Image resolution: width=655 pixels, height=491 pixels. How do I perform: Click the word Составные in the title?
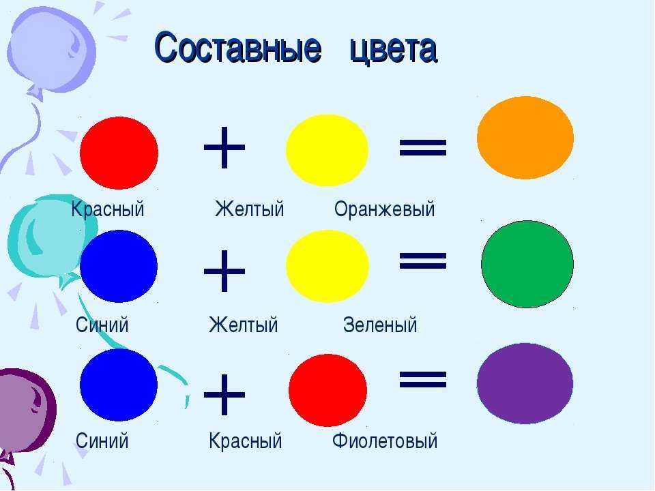[x=238, y=48]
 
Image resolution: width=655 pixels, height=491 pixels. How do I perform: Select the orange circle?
[x=525, y=138]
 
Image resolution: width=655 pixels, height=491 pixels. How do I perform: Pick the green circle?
[x=527, y=265]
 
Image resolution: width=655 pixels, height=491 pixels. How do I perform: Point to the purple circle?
[x=525, y=383]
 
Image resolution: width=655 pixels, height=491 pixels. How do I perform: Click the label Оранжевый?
[x=384, y=209]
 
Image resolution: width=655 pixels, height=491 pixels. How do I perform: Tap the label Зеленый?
[x=380, y=325]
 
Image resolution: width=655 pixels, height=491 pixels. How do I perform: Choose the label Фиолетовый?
[x=385, y=441]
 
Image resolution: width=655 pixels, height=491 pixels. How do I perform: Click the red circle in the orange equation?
[x=119, y=153]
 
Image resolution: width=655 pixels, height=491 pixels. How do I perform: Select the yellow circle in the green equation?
[x=327, y=266]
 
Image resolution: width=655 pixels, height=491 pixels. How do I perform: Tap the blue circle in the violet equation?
[x=119, y=385]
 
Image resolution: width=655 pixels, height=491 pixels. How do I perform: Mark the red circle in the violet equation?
[x=328, y=390]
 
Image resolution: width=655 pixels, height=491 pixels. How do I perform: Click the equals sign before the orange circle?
[x=423, y=147]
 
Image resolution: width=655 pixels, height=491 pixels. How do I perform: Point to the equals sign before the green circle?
[x=423, y=261]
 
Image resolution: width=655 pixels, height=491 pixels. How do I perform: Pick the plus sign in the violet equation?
[x=224, y=395]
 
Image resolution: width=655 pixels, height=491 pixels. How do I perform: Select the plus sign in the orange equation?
[x=224, y=147]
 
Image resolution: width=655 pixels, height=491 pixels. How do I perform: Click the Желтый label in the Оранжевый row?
[x=250, y=209]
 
